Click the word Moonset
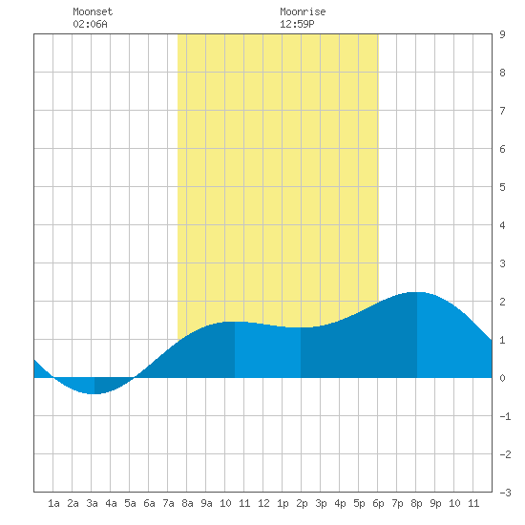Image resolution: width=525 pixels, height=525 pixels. click(93, 11)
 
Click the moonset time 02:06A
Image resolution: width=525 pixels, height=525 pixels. click(90, 24)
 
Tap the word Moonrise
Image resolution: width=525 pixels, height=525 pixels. click(303, 11)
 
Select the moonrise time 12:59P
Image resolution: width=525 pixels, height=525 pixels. click(297, 24)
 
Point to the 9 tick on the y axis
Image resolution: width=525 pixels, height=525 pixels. click(502, 34)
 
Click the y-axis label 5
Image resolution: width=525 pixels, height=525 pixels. click(502, 187)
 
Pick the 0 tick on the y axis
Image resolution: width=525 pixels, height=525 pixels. click(502, 378)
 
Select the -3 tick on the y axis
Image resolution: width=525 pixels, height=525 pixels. click(505, 493)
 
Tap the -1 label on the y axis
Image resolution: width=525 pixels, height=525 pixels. click(505, 416)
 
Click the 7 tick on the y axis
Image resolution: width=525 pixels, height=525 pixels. click(502, 111)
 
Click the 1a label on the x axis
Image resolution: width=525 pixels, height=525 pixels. click(53, 503)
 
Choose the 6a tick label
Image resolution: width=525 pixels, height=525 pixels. click(149, 503)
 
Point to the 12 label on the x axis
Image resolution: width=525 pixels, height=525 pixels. click(263, 503)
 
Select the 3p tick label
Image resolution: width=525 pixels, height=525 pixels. click(321, 503)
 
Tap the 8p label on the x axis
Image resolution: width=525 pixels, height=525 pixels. click(416, 503)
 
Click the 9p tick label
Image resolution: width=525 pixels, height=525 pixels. click(435, 503)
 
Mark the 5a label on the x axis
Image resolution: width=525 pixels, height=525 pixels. click(130, 503)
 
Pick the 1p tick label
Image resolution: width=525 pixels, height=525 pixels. click(283, 503)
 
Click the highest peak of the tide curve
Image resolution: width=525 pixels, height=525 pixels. click(417, 292)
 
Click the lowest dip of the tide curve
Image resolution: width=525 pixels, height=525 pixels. click(94, 393)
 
